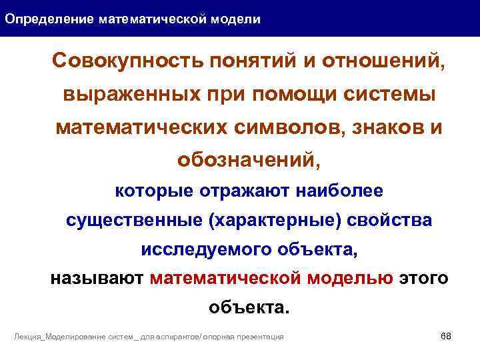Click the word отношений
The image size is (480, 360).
[x=383, y=62]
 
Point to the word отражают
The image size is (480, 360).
[x=243, y=191]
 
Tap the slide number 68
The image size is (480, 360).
[x=446, y=335]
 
